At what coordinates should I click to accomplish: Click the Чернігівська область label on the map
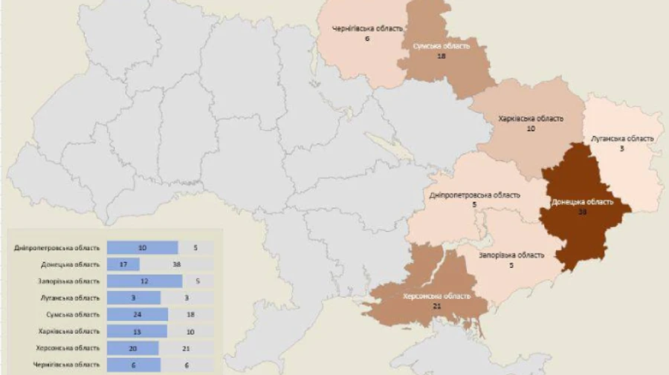point(367,28)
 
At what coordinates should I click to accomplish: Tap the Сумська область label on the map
point(442,46)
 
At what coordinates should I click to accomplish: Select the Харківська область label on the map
point(531,118)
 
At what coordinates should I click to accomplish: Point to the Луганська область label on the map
point(622,139)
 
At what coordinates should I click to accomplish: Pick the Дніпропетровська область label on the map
point(475,195)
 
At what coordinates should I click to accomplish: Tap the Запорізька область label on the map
point(511,255)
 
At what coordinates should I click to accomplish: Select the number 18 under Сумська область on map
point(442,56)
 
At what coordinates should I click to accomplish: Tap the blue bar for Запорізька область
point(144,281)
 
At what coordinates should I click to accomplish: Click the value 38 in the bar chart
point(177,264)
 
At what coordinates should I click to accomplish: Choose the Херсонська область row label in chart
point(67,348)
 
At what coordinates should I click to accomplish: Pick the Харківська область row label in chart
point(68,331)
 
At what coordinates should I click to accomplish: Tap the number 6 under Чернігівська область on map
point(367,38)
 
